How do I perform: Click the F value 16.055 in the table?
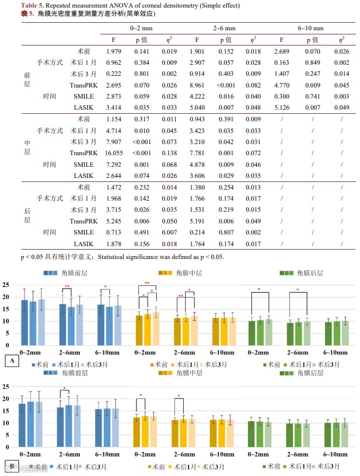(114, 152)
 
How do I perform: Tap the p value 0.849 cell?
(314, 62)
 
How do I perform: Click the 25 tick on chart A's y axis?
(6, 285)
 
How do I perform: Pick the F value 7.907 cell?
(114, 141)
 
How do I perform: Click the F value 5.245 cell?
(114, 220)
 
